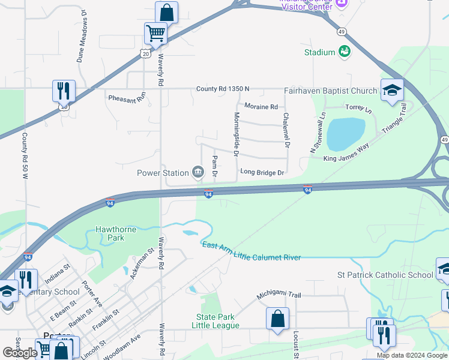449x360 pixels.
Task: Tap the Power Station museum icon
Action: pyautogui.click(x=197, y=173)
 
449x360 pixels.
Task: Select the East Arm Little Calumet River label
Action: pyautogui.click(x=251, y=251)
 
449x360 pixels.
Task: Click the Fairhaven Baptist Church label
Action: pyautogui.click(x=331, y=91)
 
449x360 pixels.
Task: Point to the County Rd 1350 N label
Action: pyautogui.click(x=222, y=89)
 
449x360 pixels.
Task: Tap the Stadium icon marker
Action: pyautogui.click(x=345, y=52)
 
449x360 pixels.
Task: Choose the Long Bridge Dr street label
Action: pyautogui.click(x=262, y=172)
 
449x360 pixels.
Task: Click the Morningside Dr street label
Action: pyautogui.click(x=237, y=134)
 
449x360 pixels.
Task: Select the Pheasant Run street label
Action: pyautogui.click(x=127, y=97)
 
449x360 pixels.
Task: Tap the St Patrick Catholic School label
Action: pyautogui.click(x=385, y=275)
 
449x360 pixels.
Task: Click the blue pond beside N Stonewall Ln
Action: pyautogui.click(x=346, y=134)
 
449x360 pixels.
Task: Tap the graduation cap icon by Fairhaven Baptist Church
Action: pyautogui.click(x=392, y=90)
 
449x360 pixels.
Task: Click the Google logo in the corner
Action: pyautogui.click(x=20, y=353)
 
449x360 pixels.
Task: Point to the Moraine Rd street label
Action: pyautogui.click(x=262, y=107)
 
